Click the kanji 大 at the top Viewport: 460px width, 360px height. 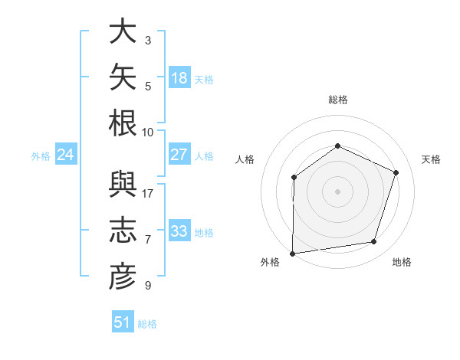click(x=123, y=31)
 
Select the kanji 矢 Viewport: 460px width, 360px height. click(x=123, y=77)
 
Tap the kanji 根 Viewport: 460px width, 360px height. click(x=123, y=123)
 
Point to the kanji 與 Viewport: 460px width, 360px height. click(x=123, y=185)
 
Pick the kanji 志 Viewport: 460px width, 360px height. click(x=123, y=230)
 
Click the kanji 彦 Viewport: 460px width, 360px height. click(x=123, y=277)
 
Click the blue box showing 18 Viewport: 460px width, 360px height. click(x=179, y=77)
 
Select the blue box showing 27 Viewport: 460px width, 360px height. click(x=179, y=154)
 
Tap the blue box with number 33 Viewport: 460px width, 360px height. click(x=179, y=230)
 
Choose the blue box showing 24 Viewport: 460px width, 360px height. click(x=66, y=154)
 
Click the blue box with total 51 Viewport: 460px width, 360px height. click(x=123, y=321)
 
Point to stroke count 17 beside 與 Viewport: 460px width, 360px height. click(x=147, y=194)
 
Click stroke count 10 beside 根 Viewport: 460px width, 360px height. click(x=147, y=133)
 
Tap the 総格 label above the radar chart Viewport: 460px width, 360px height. click(x=338, y=100)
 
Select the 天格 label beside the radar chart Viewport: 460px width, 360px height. click(x=431, y=159)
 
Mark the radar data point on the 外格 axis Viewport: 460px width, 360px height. click(x=293, y=254)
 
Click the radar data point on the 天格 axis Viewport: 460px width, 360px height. click(x=396, y=172)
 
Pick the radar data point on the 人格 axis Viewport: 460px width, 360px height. click(x=294, y=177)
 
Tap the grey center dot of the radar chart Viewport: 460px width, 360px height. click(x=337, y=191)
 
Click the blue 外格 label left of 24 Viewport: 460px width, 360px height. click(x=41, y=156)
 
